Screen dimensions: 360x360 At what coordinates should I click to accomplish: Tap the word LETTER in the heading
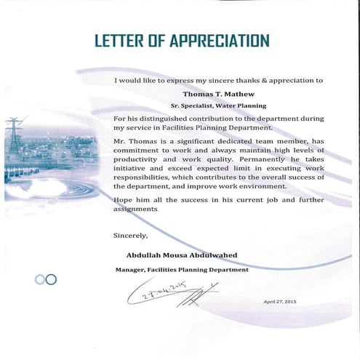[119, 40]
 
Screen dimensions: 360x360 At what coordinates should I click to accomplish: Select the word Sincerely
[131, 235]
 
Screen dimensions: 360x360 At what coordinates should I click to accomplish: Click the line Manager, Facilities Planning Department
[182, 269]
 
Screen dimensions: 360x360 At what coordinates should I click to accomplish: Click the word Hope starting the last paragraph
[125, 199]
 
